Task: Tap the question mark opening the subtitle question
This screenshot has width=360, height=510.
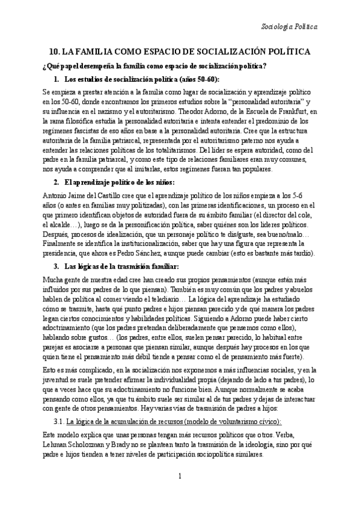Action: click(x=46, y=66)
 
